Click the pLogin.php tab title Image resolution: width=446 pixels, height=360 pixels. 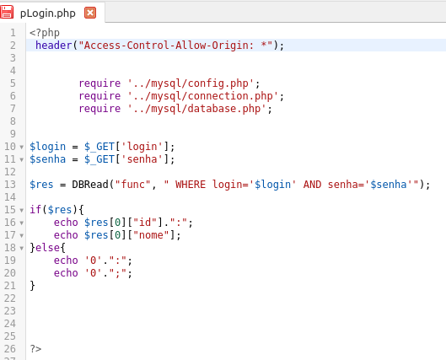click(x=48, y=13)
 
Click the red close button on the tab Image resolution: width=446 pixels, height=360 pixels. click(x=90, y=13)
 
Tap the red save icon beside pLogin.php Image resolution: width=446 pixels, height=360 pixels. click(x=7, y=13)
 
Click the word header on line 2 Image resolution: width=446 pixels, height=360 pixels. click(x=53, y=46)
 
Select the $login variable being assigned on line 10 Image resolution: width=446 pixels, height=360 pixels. click(x=48, y=147)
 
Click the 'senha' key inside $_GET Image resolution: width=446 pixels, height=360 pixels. click(x=142, y=159)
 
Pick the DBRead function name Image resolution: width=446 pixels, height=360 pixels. click(x=90, y=185)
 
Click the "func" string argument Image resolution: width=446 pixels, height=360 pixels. click(x=132, y=185)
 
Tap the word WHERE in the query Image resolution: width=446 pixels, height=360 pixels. click(x=191, y=185)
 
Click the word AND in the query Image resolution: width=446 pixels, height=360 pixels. click(x=312, y=185)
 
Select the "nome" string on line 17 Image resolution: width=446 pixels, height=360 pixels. click(x=151, y=235)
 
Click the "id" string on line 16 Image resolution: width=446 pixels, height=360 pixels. click(x=145, y=223)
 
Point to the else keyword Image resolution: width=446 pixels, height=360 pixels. click(x=48, y=248)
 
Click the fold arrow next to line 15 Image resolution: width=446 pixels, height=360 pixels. click(x=22, y=211)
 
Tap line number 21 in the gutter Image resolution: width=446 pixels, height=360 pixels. click(x=9, y=286)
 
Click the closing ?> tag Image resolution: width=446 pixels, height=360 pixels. click(x=35, y=349)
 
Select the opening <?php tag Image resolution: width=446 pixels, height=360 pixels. click(x=45, y=33)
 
